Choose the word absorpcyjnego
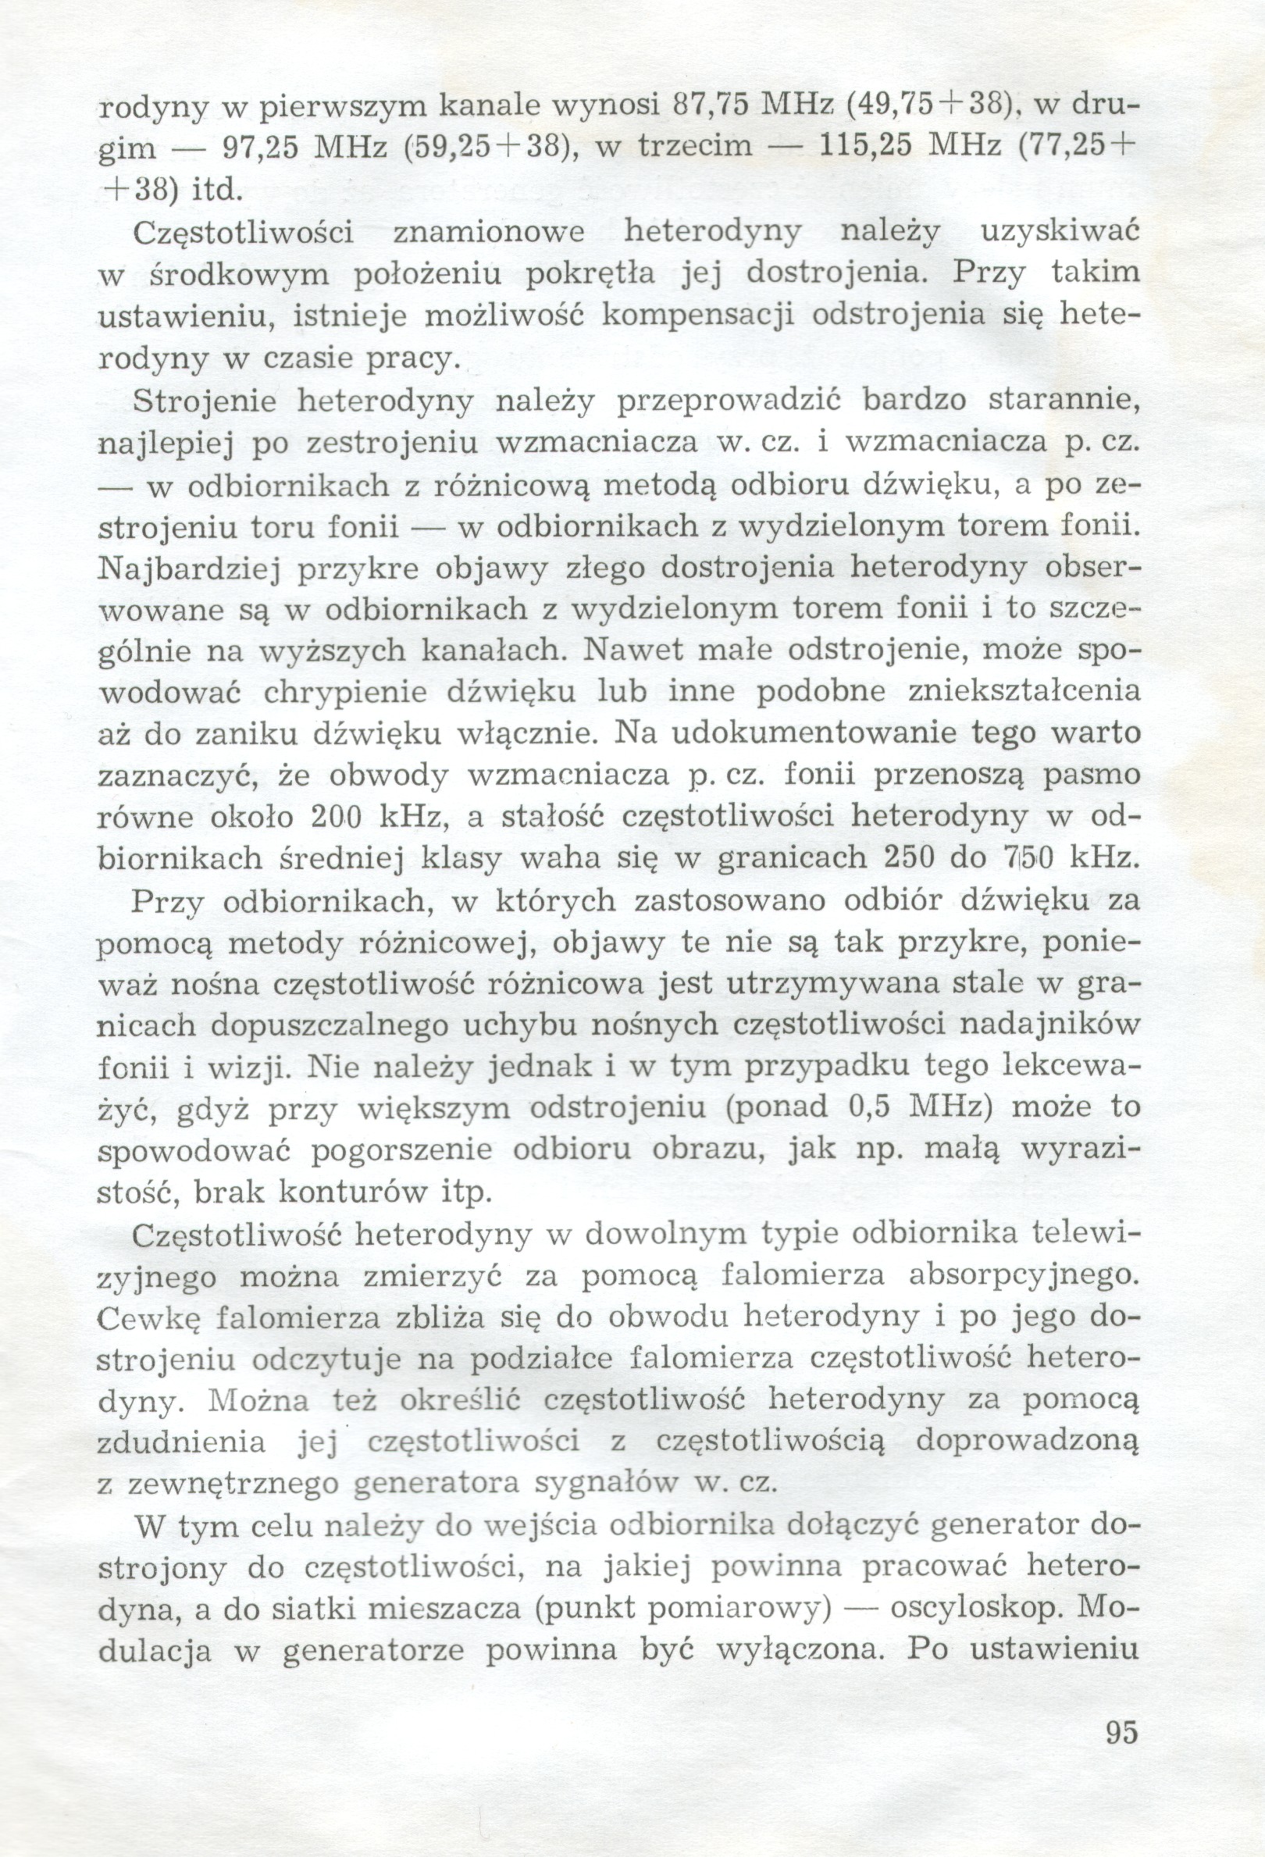1023,1275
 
